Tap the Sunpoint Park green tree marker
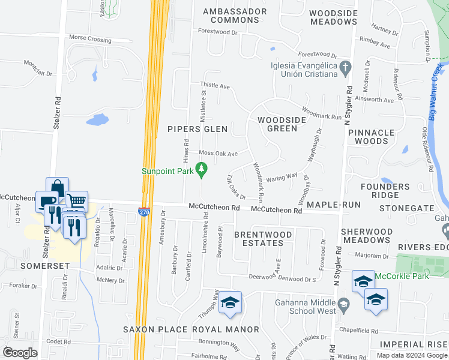pyautogui.click(x=202, y=171)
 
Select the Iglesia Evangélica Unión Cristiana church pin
pyautogui.click(x=345, y=70)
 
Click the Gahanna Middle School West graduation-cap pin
pyautogui.click(x=343, y=305)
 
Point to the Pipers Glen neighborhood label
pyautogui.click(x=197, y=129)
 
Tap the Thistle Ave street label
pyautogui.click(x=215, y=86)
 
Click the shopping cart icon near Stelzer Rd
pyautogui.click(x=76, y=200)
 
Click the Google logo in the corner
pyautogui.click(x=20, y=353)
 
